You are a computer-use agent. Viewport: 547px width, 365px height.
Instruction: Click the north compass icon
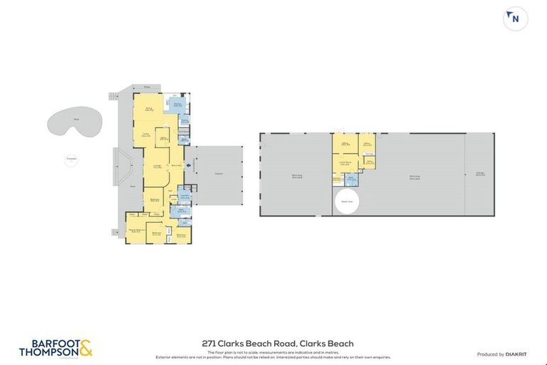[515, 19]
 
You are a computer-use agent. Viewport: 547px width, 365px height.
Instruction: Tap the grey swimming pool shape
[71, 122]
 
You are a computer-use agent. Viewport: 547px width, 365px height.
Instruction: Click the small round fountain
[71, 160]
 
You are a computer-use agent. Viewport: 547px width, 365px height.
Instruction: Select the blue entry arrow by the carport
[188, 167]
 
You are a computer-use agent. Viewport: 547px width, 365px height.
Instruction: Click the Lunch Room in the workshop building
[345, 163]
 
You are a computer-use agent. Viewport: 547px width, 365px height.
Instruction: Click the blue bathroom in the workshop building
[350, 180]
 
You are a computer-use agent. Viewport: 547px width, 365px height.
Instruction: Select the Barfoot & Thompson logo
[56, 349]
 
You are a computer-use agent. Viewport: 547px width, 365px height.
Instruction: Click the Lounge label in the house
[157, 167]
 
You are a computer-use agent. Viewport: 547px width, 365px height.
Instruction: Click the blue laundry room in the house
[184, 196]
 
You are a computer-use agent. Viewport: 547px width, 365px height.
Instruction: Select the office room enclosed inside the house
[163, 139]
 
